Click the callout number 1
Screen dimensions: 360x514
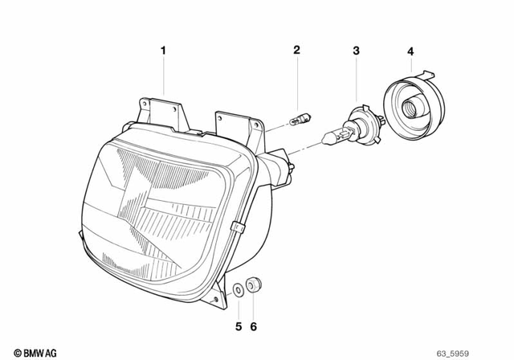click(163, 51)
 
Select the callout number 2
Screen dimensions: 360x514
click(296, 51)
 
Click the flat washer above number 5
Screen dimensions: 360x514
click(239, 288)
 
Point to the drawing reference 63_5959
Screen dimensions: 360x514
click(487, 352)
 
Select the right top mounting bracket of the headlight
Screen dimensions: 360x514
click(241, 123)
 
